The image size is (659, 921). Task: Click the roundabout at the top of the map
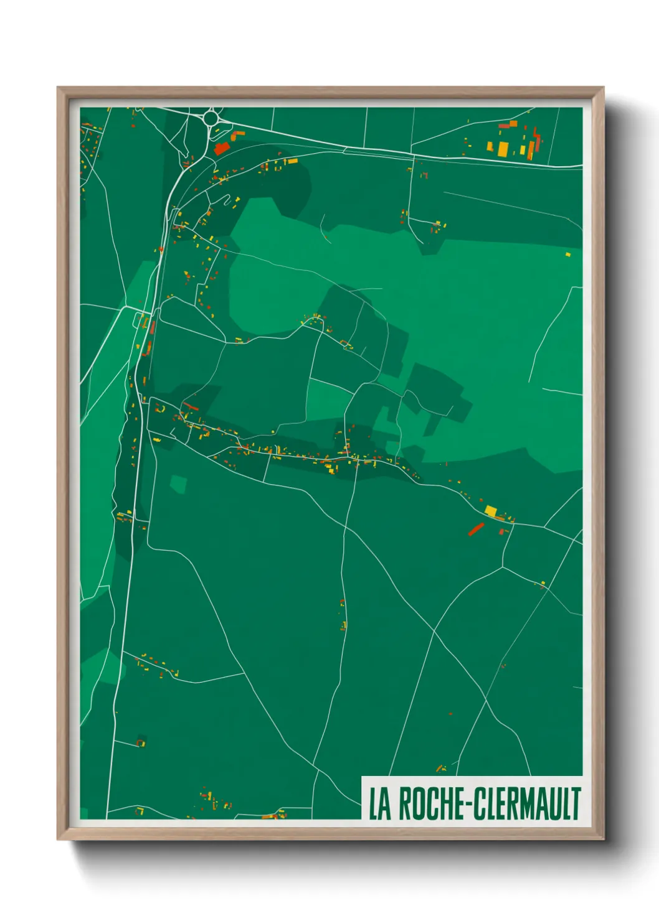click(211, 117)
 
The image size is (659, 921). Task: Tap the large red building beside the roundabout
click(221, 149)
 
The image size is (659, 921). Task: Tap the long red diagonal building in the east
click(476, 529)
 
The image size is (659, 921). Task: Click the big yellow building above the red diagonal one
click(491, 511)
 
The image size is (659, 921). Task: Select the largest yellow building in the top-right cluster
click(503, 149)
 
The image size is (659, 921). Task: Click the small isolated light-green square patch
click(178, 484)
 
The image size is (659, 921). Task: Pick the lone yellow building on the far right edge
click(567, 254)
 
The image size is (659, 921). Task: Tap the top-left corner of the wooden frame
click(58, 88)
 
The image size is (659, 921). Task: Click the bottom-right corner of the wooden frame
click(603, 839)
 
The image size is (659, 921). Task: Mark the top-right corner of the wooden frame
click(603, 88)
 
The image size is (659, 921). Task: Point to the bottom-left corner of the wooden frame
click(58, 839)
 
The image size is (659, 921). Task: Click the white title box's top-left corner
click(363, 777)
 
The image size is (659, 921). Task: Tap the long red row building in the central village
click(190, 406)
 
